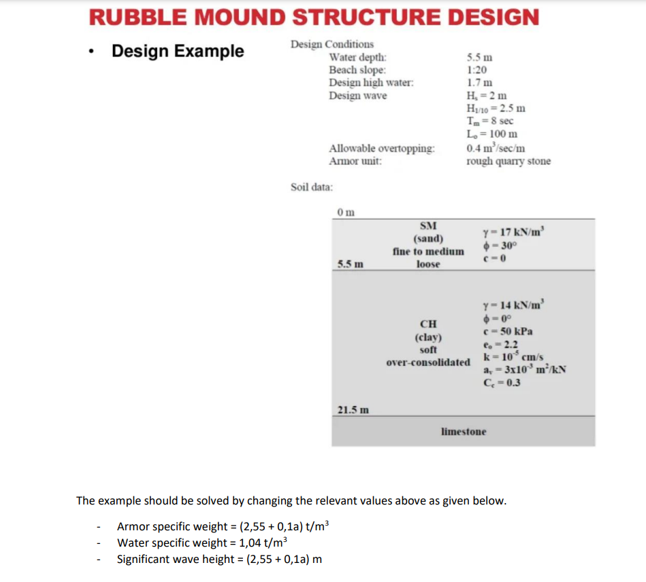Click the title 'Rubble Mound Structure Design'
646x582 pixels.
point(314,16)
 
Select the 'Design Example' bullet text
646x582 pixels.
point(177,51)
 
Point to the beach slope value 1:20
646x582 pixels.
point(477,70)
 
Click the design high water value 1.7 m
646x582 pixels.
point(479,83)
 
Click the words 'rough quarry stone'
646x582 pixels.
point(508,161)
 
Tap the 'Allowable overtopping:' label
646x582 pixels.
point(382,148)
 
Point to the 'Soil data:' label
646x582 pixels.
point(312,187)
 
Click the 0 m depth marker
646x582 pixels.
point(346,212)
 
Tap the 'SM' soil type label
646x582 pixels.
point(428,226)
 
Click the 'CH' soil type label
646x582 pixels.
point(428,324)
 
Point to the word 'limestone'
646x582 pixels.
point(464,432)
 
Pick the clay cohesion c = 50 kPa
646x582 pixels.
point(507,331)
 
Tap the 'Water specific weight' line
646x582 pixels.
point(202,543)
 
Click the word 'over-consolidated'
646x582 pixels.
point(428,362)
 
